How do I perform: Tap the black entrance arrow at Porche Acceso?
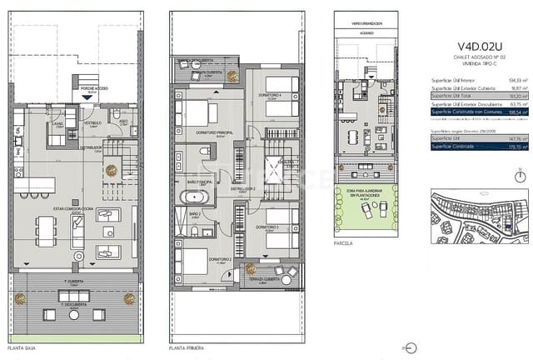coord(88,97)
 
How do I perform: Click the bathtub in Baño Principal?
coord(197,197)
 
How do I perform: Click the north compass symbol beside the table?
coord(520,176)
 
